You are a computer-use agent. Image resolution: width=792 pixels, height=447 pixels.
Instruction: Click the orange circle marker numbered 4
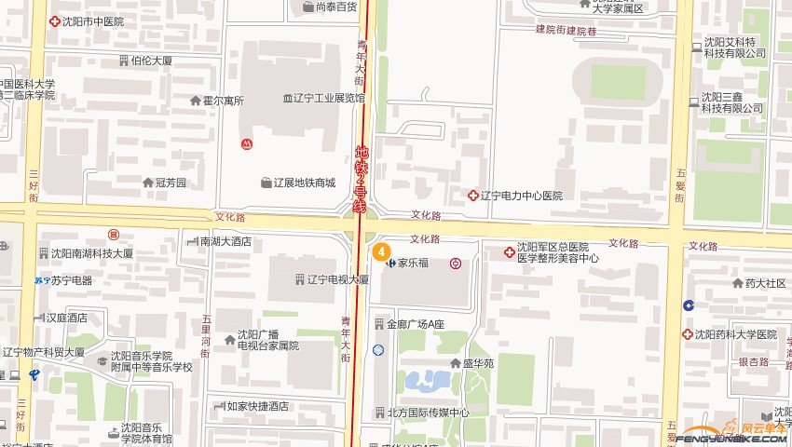[x=380, y=250]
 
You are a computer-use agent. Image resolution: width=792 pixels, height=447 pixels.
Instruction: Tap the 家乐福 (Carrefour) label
[x=413, y=264]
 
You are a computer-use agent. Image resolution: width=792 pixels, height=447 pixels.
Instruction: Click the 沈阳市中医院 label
[x=92, y=20]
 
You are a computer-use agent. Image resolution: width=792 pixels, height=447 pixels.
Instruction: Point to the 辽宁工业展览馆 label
[x=324, y=98]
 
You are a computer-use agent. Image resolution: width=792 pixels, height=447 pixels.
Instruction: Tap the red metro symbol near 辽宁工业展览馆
[x=246, y=144]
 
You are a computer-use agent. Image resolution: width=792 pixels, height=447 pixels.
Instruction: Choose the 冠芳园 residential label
[x=171, y=183]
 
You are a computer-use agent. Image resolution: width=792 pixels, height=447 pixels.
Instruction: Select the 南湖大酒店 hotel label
[x=225, y=241]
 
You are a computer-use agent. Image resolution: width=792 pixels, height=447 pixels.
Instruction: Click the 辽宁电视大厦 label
[x=337, y=279]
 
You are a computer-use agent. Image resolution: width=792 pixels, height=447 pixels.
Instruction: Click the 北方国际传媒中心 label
[x=421, y=413]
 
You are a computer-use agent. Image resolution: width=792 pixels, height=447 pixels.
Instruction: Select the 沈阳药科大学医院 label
[x=739, y=334]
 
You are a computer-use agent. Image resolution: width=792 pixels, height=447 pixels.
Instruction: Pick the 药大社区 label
[x=764, y=284]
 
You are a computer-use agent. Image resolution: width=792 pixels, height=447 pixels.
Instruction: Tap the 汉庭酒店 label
[x=66, y=318]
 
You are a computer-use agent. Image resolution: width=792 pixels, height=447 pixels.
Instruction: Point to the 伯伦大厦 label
[x=151, y=61]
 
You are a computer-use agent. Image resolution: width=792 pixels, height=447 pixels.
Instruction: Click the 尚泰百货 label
[x=336, y=7]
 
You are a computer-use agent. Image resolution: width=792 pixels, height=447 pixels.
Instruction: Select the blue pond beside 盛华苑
[x=427, y=380]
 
